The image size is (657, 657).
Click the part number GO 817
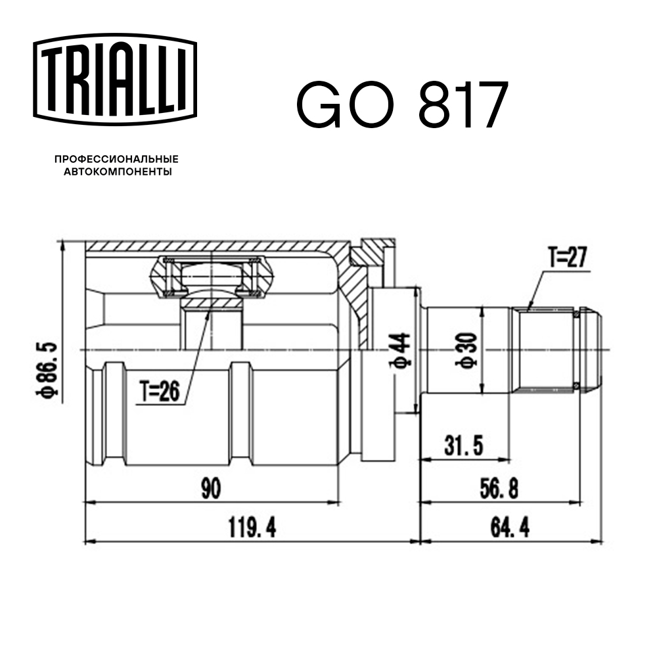tap(402, 105)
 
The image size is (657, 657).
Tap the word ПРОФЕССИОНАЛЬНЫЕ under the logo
tap(117, 160)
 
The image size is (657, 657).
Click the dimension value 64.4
tap(509, 528)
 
